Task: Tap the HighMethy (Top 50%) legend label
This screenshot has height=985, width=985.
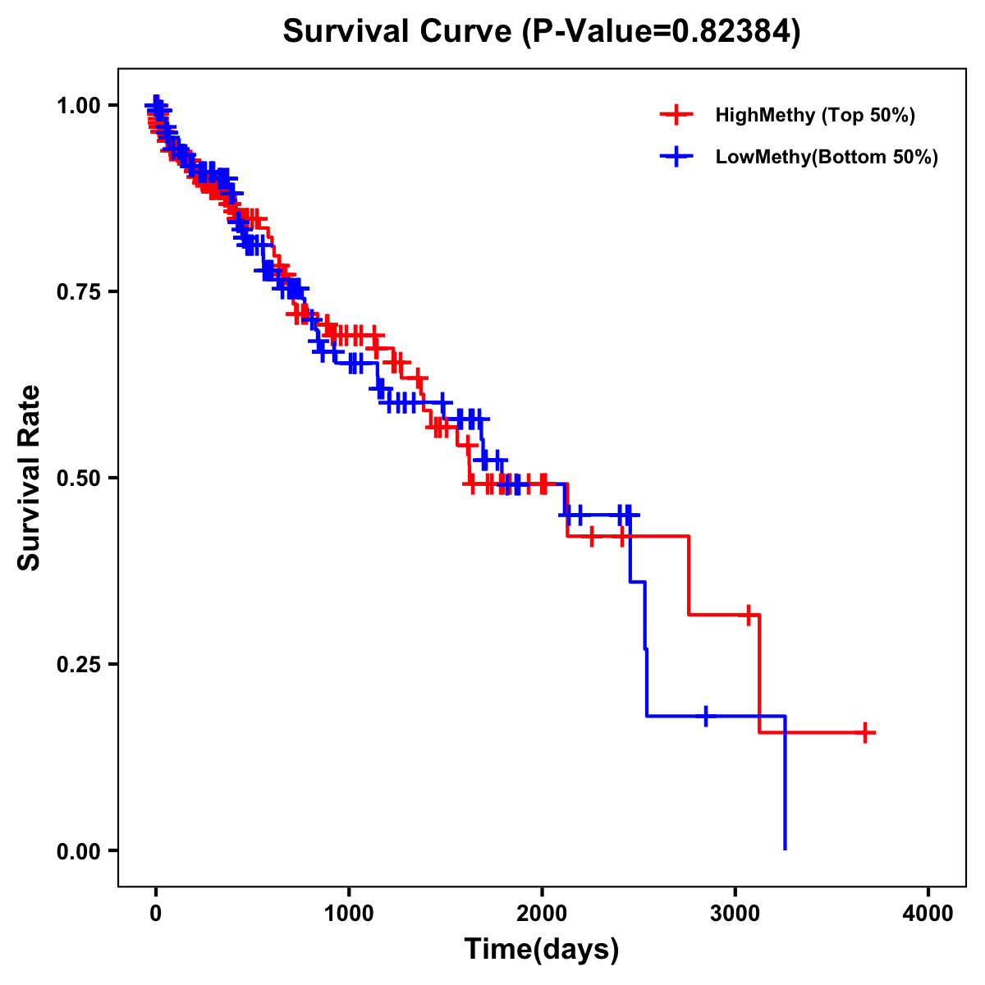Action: click(814, 115)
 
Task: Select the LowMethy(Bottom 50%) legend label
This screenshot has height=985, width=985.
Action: click(826, 157)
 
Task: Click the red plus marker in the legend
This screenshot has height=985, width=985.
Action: click(676, 115)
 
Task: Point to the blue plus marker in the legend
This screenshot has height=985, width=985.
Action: click(676, 157)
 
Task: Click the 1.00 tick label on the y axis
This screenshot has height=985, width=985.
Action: click(79, 106)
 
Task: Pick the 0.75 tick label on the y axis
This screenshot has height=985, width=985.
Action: click(79, 292)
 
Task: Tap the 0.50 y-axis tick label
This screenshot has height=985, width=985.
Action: click(79, 478)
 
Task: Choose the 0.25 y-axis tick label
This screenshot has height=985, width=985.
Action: click(79, 664)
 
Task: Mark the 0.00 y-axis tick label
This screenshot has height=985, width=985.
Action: click(79, 850)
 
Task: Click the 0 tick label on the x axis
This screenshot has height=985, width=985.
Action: click(156, 914)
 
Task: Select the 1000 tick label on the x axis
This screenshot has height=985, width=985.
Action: click(349, 914)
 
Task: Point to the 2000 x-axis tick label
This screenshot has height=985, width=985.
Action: click(542, 914)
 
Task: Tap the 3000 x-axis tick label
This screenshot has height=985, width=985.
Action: click(735, 914)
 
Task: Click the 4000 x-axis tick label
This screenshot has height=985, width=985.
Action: click(928, 914)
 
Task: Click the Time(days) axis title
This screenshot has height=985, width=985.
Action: click(542, 949)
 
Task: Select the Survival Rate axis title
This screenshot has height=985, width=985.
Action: click(30, 478)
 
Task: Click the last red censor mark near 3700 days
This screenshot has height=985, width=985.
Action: click(865, 732)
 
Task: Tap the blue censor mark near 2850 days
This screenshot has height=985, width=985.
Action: click(705, 716)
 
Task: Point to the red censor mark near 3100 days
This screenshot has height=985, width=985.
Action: click(749, 614)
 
